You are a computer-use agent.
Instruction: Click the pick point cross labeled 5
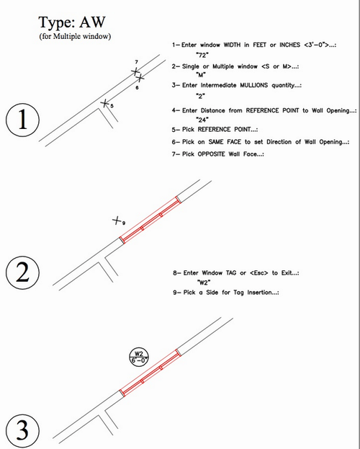coord(105,104)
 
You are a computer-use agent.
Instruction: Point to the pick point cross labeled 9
coord(117,221)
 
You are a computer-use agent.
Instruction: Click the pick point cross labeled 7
coord(135,71)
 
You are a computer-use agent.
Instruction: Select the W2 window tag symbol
coord(138,357)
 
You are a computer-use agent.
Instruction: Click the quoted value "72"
coord(204,54)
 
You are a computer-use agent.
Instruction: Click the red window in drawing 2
coord(149,221)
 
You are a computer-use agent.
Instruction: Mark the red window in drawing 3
coord(149,377)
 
